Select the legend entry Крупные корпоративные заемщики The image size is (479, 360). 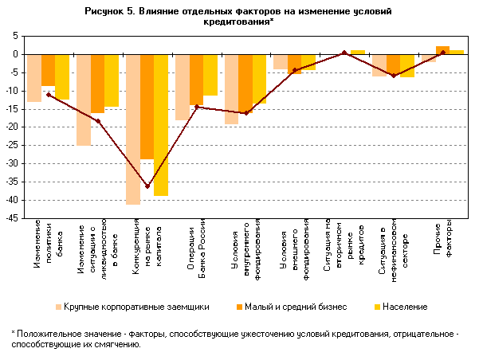tap(132, 307)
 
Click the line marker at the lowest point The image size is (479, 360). tap(147, 186)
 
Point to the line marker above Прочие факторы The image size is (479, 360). tap(442, 53)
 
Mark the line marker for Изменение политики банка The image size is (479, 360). tap(49, 95)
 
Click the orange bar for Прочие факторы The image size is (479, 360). tap(442, 50)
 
